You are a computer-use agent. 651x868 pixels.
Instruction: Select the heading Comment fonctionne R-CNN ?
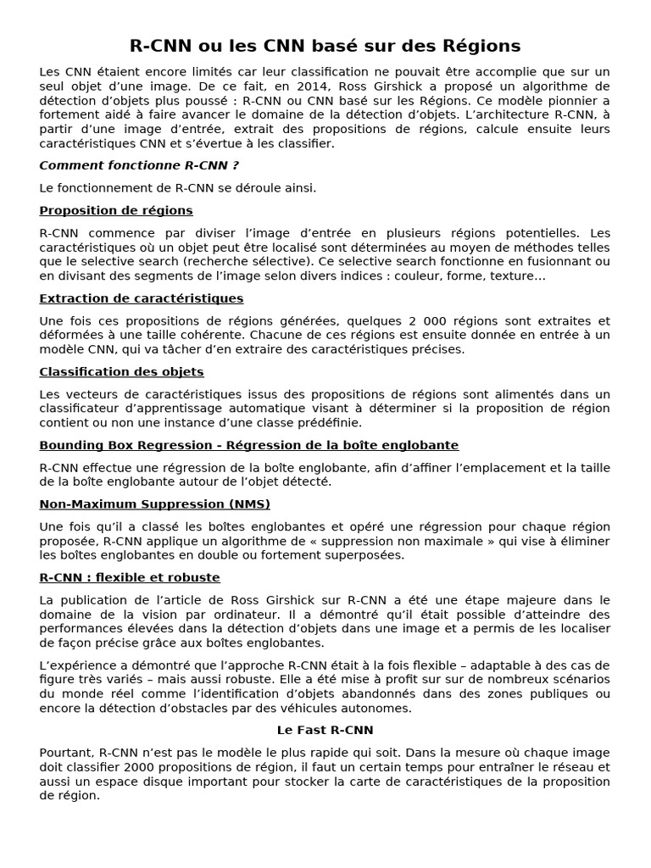coord(133,165)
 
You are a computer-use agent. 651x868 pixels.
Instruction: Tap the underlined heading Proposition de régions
coord(116,210)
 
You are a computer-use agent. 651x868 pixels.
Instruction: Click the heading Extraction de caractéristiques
coord(142,298)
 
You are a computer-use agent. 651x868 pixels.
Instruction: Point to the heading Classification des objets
coord(122,372)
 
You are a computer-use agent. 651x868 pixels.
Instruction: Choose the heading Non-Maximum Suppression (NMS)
coord(155,504)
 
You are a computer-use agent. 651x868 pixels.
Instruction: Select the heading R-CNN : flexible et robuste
coord(130,578)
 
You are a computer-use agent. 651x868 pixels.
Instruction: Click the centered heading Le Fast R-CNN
coord(325,730)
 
